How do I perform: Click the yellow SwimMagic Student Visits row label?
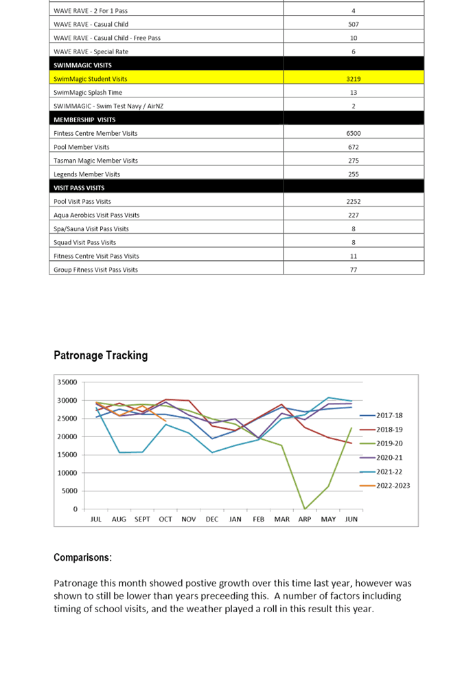(90, 79)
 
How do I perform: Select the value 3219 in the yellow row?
(354, 79)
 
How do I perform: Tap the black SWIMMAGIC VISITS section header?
(82, 65)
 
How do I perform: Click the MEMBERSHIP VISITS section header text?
(86, 119)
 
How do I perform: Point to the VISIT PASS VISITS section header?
(79, 187)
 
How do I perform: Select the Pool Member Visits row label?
(81, 147)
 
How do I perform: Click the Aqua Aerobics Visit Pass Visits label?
(97, 215)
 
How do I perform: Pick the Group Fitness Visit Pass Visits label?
(95, 270)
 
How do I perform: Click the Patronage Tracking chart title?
(100, 355)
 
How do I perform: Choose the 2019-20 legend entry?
(388, 444)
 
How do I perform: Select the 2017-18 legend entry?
(388, 416)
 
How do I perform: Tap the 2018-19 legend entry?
(388, 430)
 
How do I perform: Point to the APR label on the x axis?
(305, 519)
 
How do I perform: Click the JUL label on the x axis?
(96, 519)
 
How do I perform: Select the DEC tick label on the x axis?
(212, 519)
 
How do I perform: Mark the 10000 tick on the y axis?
(69, 473)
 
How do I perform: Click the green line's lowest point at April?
(305, 509)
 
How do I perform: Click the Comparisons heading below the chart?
(82, 557)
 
